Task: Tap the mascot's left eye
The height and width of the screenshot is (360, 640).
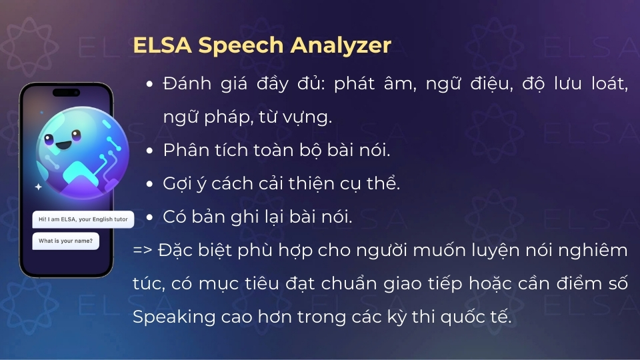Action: pyautogui.click(x=49, y=139)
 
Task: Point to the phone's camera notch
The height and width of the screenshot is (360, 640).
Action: pyautogui.click(x=65, y=92)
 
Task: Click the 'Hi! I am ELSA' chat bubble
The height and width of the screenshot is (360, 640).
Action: pyautogui.click(x=83, y=219)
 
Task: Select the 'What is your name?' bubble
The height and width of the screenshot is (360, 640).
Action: pyautogui.click(x=65, y=241)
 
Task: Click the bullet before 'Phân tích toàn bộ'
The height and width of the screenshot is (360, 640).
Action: pyautogui.click(x=149, y=150)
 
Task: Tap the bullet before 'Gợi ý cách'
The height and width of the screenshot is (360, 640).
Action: pyautogui.click(x=149, y=184)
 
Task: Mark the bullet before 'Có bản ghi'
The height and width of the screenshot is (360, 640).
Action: pyautogui.click(x=149, y=217)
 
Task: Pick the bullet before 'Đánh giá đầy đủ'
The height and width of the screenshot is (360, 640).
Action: pyautogui.click(x=149, y=84)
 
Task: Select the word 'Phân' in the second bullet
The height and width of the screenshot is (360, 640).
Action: pyautogui.click(x=181, y=150)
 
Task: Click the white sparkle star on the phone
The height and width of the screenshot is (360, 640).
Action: pyautogui.click(x=38, y=187)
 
